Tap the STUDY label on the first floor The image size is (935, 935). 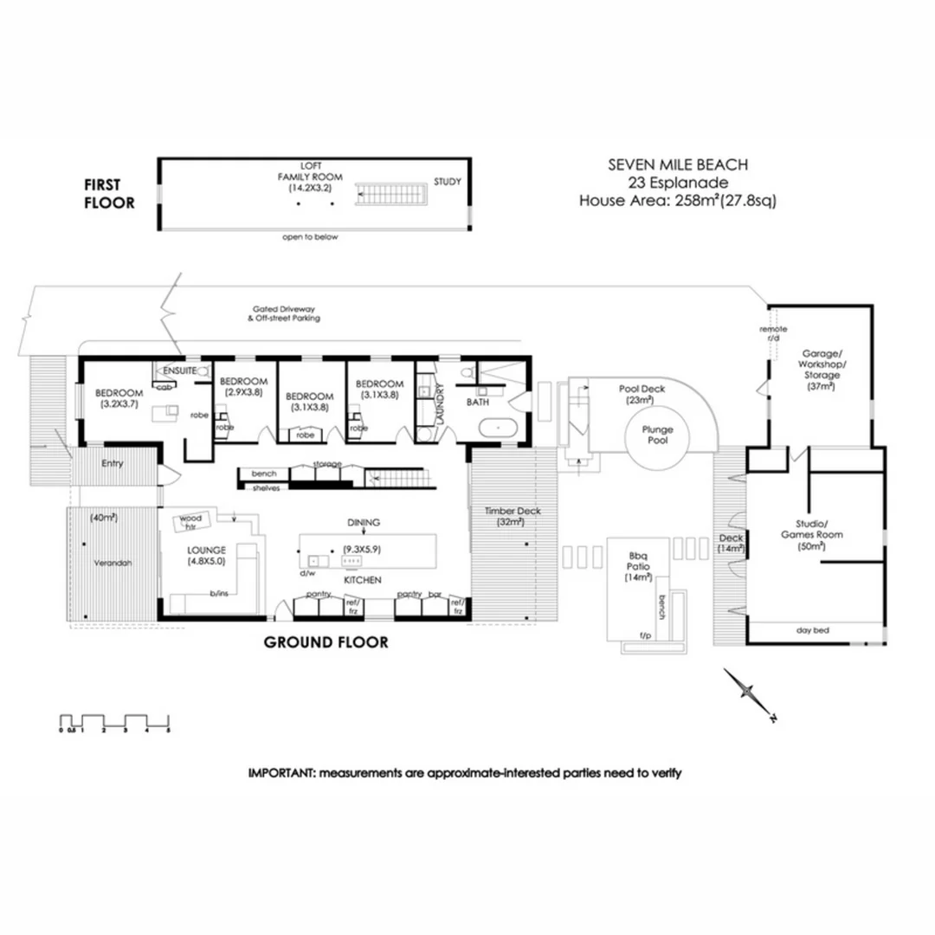coord(448,182)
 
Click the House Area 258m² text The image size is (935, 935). coord(677,201)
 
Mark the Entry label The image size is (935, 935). coord(113,463)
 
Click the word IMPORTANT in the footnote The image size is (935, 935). coord(280,772)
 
